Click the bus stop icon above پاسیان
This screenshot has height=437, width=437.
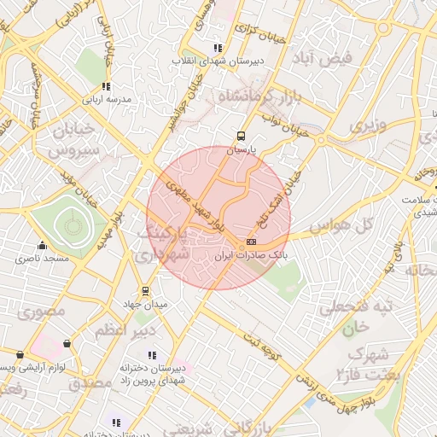click(242, 135)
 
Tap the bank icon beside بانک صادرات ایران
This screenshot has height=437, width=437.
click(250, 242)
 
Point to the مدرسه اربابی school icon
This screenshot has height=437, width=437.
click(106, 86)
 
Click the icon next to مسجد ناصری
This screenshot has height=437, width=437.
click(41, 244)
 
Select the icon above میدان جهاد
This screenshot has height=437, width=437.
click(144, 290)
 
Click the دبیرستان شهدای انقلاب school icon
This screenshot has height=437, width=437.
click(218, 48)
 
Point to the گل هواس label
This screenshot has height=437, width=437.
click(341, 225)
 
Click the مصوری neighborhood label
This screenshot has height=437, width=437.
click(40, 312)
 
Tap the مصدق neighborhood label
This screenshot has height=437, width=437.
click(90, 383)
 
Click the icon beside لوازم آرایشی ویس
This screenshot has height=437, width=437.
click(20, 354)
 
